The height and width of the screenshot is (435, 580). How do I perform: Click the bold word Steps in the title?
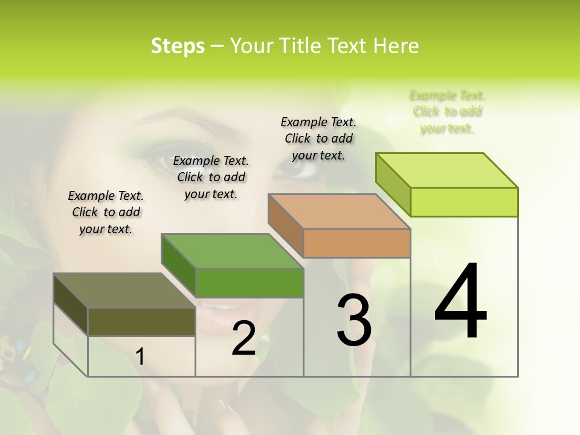[178, 46]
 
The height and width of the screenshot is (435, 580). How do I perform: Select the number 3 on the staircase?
[353, 320]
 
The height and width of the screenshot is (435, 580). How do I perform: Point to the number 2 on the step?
[243, 338]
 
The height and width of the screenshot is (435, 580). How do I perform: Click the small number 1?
[140, 356]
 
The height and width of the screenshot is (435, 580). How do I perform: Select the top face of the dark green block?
[232, 251]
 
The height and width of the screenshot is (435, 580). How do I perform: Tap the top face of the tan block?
[339, 211]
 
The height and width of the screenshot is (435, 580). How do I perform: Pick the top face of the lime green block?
[446, 170]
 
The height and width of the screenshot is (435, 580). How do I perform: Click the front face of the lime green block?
[464, 202]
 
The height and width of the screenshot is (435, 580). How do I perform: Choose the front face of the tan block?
[356, 243]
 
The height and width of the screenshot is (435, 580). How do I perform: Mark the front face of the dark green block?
[249, 283]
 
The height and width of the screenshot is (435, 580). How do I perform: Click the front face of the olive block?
[141, 322]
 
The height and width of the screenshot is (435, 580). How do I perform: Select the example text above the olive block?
[106, 212]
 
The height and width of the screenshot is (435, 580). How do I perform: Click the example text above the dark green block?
[211, 177]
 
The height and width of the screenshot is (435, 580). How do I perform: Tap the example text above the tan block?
[318, 138]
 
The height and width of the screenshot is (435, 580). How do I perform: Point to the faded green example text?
[447, 112]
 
